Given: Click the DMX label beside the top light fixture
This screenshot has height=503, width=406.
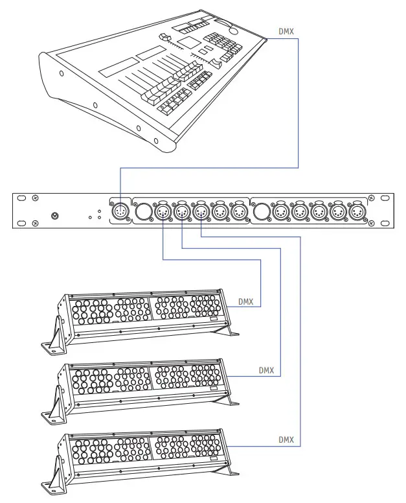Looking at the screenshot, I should pos(245,301).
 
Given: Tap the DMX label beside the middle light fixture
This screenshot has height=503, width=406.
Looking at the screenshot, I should pos(266,371).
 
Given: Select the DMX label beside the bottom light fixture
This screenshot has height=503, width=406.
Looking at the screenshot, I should pos(286,440).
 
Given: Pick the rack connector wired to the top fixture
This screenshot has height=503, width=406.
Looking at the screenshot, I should pos(162,211).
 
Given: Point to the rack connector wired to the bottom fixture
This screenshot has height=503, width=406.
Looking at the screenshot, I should pos(201,211).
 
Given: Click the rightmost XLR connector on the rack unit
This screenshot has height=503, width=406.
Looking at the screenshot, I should pos(356,211).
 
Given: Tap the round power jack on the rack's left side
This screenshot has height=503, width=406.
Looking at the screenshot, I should pos(56,216).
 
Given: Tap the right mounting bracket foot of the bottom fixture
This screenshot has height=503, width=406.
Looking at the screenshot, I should pos(229,472).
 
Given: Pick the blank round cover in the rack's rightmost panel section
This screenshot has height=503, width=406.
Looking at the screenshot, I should pos(262,211).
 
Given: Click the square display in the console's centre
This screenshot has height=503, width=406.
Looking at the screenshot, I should pos(187,43).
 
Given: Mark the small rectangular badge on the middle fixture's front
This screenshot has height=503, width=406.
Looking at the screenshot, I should pos(214,388).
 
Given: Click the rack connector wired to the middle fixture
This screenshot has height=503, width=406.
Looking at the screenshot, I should pos(181,211).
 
